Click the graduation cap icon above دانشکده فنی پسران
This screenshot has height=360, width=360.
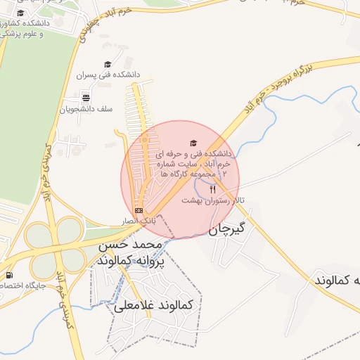(x=108, y=64)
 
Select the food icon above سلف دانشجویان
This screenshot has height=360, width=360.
(x=86, y=98)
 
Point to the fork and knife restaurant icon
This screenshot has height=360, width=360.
(x=213, y=189)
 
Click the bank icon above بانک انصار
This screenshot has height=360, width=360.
(x=139, y=210)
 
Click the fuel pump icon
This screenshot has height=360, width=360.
(x=8, y=275)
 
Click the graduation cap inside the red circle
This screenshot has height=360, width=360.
(x=194, y=143)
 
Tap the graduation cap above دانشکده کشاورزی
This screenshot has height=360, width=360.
(x=20, y=13)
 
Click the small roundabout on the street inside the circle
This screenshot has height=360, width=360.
(x=144, y=140)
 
